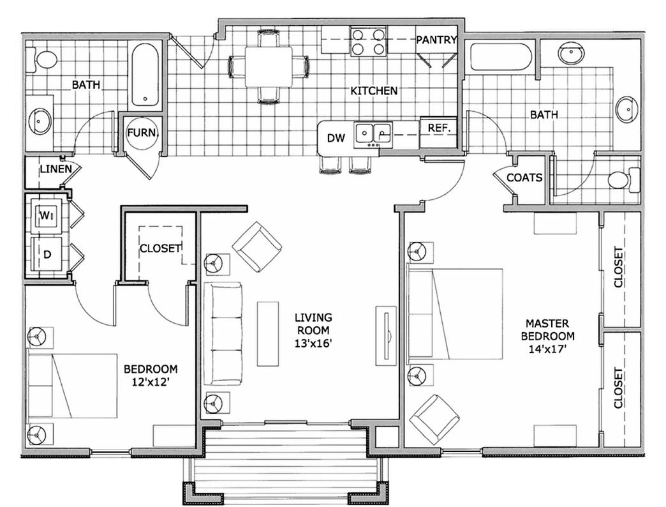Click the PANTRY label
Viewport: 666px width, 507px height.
436,40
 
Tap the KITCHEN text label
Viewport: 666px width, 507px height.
374,91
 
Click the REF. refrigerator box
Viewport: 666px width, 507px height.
439,127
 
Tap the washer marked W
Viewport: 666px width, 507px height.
46,216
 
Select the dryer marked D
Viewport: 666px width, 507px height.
46,253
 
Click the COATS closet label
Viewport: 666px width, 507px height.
524,178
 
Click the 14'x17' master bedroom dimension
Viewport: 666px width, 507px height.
547,349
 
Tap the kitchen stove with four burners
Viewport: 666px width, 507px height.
368,41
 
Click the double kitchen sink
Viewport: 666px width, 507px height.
373,133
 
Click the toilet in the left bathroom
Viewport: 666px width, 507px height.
46,60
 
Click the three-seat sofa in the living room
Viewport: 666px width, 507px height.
222,333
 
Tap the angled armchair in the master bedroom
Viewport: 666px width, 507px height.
434,419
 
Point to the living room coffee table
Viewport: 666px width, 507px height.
268,333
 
